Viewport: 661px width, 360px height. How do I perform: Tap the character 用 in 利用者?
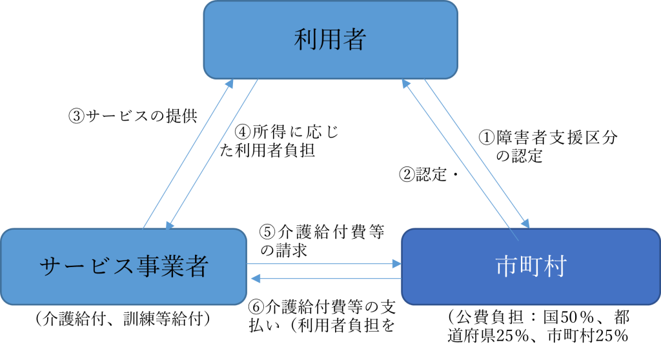click(x=330, y=40)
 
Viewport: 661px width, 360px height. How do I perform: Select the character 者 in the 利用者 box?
click(x=355, y=40)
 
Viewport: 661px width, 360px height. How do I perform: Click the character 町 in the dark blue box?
click(x=531, y=266)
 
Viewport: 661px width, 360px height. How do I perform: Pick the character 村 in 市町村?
click(x=554, y=266)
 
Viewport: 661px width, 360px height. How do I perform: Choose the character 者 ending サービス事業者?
click(x=197, y=266)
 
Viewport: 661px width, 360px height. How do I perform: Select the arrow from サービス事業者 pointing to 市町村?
click(x=323, y=263)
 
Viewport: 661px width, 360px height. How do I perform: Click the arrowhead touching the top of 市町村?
click(x=526, y=223)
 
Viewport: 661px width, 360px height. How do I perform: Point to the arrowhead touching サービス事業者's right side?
click(x=255, y=279)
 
